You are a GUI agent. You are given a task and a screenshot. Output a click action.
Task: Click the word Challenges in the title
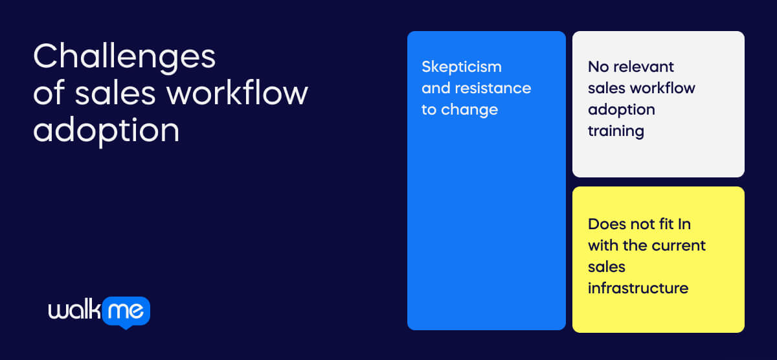click(124, 58)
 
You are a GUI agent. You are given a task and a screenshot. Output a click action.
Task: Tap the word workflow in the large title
click(237, 94)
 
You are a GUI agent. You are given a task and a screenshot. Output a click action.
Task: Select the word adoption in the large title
click(106, 131)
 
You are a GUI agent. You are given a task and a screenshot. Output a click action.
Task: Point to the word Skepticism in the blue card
click(462, 67)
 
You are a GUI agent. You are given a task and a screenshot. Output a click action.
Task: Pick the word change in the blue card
click(469, 109)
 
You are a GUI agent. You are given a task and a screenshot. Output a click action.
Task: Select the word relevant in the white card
click(645, 67)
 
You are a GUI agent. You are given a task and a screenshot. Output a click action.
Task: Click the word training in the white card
click(616, 131)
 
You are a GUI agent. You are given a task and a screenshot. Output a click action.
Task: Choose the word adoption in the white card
click(621, 109)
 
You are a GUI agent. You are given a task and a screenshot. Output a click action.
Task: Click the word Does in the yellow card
click(607, 224)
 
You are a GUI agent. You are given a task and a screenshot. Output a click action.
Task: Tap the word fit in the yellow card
click(662, 224)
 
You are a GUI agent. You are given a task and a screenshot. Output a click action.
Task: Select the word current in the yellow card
click(679, 245)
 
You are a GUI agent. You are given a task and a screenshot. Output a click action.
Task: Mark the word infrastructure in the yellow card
click(638, 288)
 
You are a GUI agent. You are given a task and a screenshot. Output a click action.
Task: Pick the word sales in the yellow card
click(606, 267)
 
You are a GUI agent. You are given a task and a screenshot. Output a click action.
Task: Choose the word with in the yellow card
click(603, 245)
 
